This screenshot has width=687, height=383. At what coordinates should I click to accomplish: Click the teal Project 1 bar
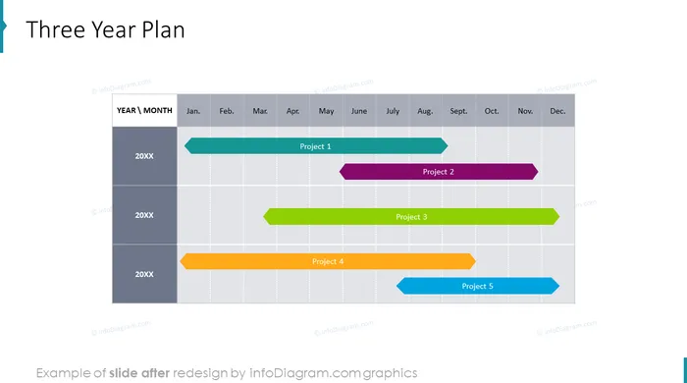point(316,146)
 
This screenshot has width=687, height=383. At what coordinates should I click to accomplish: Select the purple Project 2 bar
point(439,172)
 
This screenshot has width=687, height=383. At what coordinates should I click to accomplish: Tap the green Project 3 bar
point(411,216)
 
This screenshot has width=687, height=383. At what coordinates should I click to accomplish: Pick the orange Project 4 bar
point(328,261)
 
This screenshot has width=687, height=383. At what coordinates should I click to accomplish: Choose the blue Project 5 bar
point(478,286)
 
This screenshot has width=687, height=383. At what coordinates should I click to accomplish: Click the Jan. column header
point(193,111)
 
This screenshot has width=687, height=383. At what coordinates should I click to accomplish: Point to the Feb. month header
point(227,111)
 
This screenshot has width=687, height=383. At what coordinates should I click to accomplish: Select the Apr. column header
point(293,111)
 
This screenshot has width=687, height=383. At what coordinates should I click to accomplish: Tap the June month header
point(359,111)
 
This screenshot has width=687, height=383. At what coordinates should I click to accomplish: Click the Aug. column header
point(425,111)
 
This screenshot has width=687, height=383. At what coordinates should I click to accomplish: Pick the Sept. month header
point(458,111)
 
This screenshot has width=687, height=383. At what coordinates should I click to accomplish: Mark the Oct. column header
point(492,111)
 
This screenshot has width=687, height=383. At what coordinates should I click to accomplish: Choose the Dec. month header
point(557,111)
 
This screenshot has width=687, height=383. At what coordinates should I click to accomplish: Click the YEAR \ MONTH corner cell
point(144,110)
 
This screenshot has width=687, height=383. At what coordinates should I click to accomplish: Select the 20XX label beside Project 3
point(144,215)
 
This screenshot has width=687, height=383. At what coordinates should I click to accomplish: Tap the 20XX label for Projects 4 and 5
point(144,274)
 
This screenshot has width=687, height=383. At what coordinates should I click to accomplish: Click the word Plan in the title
point(163,29)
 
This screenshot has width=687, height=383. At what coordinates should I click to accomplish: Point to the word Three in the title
point(56,29)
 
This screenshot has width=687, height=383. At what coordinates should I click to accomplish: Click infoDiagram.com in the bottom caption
point(306,373)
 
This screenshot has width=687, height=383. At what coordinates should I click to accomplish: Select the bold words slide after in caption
point(139,373)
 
